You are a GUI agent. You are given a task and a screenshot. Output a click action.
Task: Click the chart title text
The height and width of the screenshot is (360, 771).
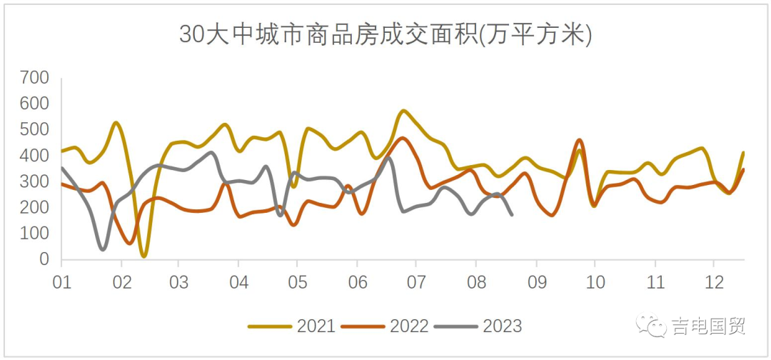tap(385, 34)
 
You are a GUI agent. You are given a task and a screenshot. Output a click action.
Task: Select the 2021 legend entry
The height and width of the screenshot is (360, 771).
tap(292, 326)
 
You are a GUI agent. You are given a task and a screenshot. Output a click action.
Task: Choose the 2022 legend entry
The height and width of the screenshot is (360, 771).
tap(385, 326)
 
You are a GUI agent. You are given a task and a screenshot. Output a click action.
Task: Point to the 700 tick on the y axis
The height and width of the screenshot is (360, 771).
tap(34, 77)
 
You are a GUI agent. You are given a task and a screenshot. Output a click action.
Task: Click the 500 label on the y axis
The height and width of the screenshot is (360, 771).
tap(34, 129)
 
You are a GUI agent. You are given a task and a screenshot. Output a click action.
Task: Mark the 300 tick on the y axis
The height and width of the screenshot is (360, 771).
tap(34, 181)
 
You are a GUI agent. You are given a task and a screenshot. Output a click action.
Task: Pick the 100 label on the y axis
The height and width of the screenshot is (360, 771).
tap(34, 234)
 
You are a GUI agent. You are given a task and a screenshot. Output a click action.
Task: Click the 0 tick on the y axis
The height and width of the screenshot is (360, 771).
tap(44, 260)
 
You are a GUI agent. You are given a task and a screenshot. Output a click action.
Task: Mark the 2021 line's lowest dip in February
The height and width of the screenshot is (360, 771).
tap(144, 256)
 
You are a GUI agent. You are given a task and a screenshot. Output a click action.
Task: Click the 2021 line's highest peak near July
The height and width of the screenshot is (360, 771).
tap(404, 111)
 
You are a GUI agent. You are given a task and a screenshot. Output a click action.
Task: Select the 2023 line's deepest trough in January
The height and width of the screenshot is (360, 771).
tap(103, 249)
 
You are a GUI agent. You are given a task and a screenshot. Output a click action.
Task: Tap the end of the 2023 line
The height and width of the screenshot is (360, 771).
tap(512, 214)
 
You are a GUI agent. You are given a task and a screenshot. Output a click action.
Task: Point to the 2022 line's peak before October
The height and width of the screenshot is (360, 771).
tap(579, 140)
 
